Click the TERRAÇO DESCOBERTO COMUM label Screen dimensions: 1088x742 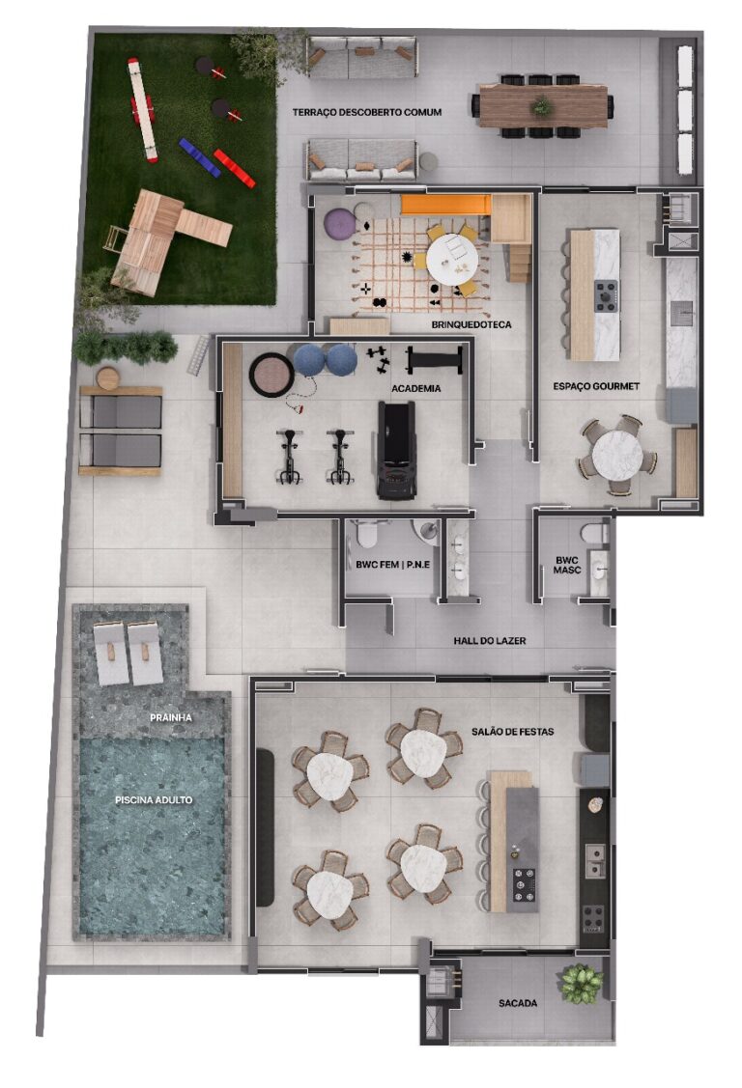[367, 113]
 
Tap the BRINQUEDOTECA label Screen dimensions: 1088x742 [471, 325]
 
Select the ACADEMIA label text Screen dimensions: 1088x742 [416, 389]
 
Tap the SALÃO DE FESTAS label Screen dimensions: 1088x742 [514, 732]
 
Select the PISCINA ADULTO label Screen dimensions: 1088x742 [154, 800]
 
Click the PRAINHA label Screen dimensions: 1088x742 [170, 718]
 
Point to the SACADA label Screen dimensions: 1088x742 [518, 1004]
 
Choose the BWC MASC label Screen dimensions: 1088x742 [566, 565]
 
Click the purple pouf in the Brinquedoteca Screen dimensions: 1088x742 [339, 226]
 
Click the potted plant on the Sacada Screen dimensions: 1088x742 [581, 982]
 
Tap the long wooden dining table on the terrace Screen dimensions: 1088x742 [543, 105]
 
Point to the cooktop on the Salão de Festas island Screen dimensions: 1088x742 [525, 882]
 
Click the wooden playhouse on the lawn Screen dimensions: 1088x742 [155, 237]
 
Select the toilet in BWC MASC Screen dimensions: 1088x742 [593, 532]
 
